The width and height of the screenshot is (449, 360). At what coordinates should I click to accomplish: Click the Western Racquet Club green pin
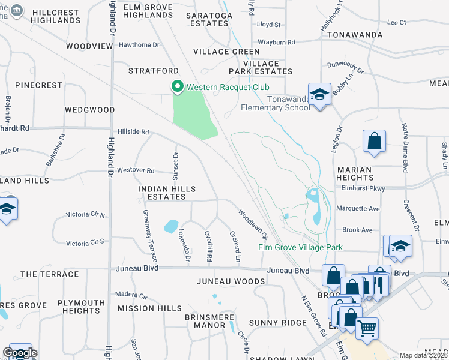pyautogui.click(x=177, y=88)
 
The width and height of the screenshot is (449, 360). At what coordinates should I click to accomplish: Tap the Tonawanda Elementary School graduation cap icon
pyautogui.click(x=319, y=94)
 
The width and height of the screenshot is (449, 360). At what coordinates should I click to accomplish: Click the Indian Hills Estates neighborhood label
pyautogui.click(x=167, y=193)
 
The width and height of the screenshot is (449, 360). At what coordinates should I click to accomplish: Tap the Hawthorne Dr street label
pyautogui.click(x=139, y=45)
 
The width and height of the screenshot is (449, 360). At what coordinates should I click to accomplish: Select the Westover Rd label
pyautogui.click(x=136, y=170)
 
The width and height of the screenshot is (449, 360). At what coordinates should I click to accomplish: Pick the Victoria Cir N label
pyautogui.click(x=85, y=214)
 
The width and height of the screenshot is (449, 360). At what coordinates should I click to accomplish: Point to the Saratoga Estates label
pyautogui.click(x=207, y=19)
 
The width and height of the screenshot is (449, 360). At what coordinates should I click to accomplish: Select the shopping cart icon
pyautogui.click(x=367, y=328)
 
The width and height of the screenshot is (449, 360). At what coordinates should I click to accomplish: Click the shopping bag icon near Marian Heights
pyautogui.click(x=374, y=142)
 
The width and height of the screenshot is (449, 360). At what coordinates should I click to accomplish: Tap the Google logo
pyautogui.click(x=20, y=353)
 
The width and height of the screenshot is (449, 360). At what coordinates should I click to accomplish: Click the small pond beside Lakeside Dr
pyautogui.click(x=171, y=226)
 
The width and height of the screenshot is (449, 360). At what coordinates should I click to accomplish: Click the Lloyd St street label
pyautogui.click(x=268, y=25)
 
